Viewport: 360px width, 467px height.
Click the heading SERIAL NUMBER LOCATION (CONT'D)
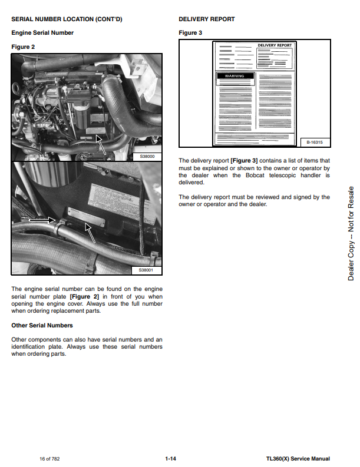[x=67, y=19]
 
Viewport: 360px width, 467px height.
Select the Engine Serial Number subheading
[x=42, y=33]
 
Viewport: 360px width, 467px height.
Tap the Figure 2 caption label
[x=24, y=47]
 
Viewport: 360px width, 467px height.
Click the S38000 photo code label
[x=147, y=157]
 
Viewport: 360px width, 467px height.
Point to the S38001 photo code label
[x=146, y=270]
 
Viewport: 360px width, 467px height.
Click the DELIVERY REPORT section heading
[x=206, y=19]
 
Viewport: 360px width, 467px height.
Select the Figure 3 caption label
[x=190, y=33]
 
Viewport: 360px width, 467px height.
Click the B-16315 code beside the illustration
[x=316, y=142]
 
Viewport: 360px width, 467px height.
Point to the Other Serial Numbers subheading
[x=42, y=325]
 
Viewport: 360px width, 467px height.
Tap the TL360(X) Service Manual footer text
[x=298, y=459]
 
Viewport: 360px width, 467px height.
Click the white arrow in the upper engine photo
[x=102, y=144]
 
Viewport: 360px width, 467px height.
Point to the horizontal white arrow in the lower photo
[x=42, y=220]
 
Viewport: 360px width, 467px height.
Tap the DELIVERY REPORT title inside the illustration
[x=274, y=45]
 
